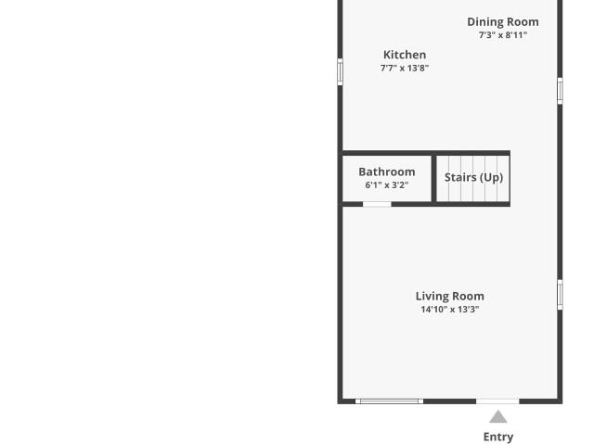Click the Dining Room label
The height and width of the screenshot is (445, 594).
click(x=503, y=22)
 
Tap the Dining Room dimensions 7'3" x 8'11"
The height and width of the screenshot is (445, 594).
click(x=503, y=35)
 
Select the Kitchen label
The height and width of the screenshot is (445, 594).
click(x=405, y=55)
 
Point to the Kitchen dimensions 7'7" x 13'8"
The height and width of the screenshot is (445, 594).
click(x=405, y=68)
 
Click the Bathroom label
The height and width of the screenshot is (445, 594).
click(x=387, y=172)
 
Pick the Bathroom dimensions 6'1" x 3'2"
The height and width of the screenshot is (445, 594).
click(x=387, y=185)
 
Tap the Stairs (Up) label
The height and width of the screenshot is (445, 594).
click(x=473, y=177)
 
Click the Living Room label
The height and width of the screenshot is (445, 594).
click(x=449, y=296)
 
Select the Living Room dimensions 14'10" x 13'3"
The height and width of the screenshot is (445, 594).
click(x=449, y=309)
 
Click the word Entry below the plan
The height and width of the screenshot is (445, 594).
click(x=498, y=437)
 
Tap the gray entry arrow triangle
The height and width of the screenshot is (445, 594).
click(x=498, y=417)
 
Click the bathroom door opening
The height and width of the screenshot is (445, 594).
click(x=377, y=204)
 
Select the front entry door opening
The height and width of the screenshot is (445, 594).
click(x=497, y=401)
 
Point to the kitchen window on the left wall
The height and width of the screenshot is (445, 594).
click(x=341, y=72)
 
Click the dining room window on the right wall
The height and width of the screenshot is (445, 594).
click(x=560, y=91)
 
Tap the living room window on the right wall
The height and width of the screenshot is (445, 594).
click(x=560, y=295)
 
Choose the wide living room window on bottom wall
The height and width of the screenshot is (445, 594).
click(x=389, y=401)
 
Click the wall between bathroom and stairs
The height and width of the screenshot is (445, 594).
click(x=434, y=179)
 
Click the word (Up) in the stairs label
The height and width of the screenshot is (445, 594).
click(x=491, y=177)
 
